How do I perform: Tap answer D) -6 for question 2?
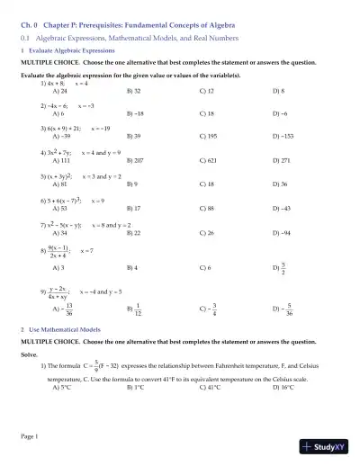click(x=281, y=114)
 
